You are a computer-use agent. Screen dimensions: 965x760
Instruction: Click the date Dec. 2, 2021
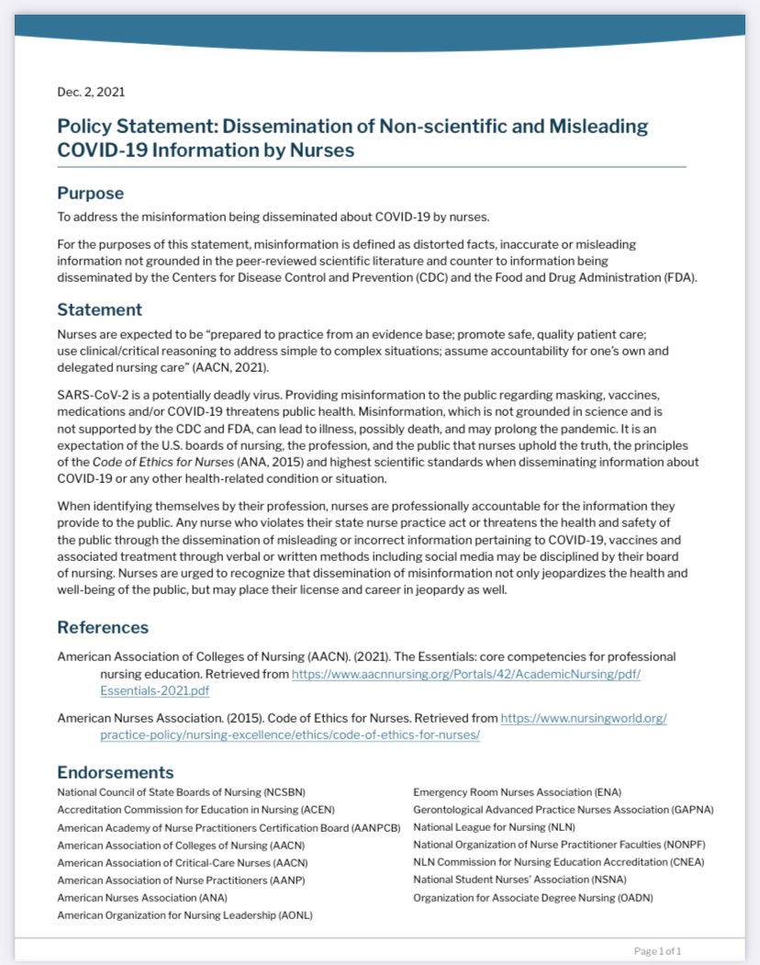[x=91, y=92]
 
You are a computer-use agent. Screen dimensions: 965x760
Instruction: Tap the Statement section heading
[x=99, y=309]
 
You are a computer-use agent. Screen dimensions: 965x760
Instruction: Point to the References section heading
[x=103, y=627]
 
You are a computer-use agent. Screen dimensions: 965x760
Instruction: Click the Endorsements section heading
[x=116, y=772]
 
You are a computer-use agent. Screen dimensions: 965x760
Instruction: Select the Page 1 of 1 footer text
[x=657, y=950]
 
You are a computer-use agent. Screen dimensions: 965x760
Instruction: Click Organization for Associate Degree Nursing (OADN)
[x=533, y=897]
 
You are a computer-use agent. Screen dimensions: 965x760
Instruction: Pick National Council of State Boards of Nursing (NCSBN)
[x=181, y=791]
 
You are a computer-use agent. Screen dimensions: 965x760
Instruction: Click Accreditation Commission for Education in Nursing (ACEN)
[x=196, y=810]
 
